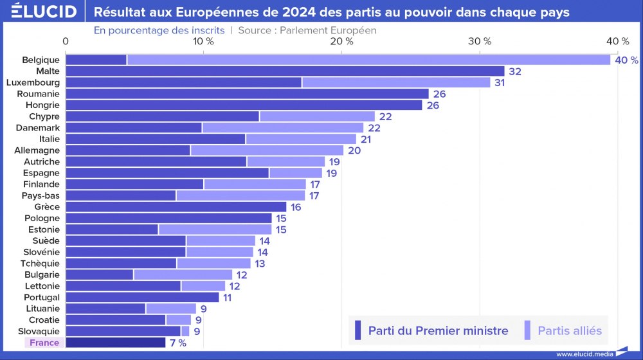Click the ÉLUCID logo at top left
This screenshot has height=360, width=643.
(44, 12)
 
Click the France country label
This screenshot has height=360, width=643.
(44, 343)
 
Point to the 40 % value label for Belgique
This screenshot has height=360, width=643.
(626, 60)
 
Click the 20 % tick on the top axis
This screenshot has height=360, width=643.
(341, 41)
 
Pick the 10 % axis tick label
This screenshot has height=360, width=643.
(204, 41)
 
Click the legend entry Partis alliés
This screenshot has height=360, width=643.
(570, 331)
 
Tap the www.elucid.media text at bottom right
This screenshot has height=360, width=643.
(583, 354)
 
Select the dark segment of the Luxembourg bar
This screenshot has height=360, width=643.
(184, 82)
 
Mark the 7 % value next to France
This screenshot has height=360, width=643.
(178, 343)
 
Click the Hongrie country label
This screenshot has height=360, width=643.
(42, 105)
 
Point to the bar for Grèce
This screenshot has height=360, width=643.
(176, 207)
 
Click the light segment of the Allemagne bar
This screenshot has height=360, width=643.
(267, 150)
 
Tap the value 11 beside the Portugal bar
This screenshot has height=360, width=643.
(227, 297)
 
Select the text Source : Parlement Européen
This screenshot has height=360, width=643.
(307, 30)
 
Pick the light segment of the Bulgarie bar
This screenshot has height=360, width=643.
(183, 274)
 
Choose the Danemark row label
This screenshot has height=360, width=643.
(38, 128)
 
